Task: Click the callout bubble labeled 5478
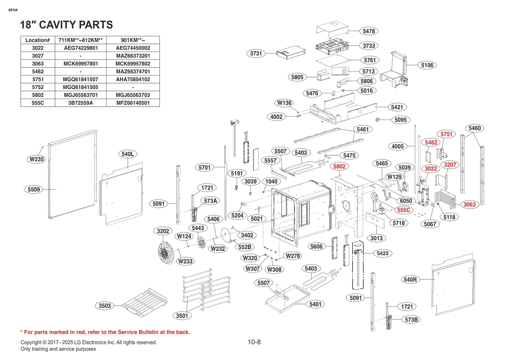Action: (x=369, y=31)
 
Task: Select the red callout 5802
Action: (x=339, y=166)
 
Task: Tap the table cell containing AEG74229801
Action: (x=80, y=48)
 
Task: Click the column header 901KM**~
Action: (x=133, y=40)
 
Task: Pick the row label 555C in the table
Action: (x=38, y=103)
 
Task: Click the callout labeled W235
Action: (x=37, y=159)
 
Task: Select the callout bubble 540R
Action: (x=410, y=279)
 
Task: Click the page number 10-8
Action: (x=254, y=342)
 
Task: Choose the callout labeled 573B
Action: (x=411, y=320)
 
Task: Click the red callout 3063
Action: (x=469, y=205)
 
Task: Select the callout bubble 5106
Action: (x=427, y=65)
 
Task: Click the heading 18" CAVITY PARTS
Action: (x=66, y=25)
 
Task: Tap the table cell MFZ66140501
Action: (x=133, y=103)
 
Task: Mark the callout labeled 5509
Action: (x=34, y=190)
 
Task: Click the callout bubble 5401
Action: (x=315, y=304)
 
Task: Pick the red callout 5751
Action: (x=446, y=134)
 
